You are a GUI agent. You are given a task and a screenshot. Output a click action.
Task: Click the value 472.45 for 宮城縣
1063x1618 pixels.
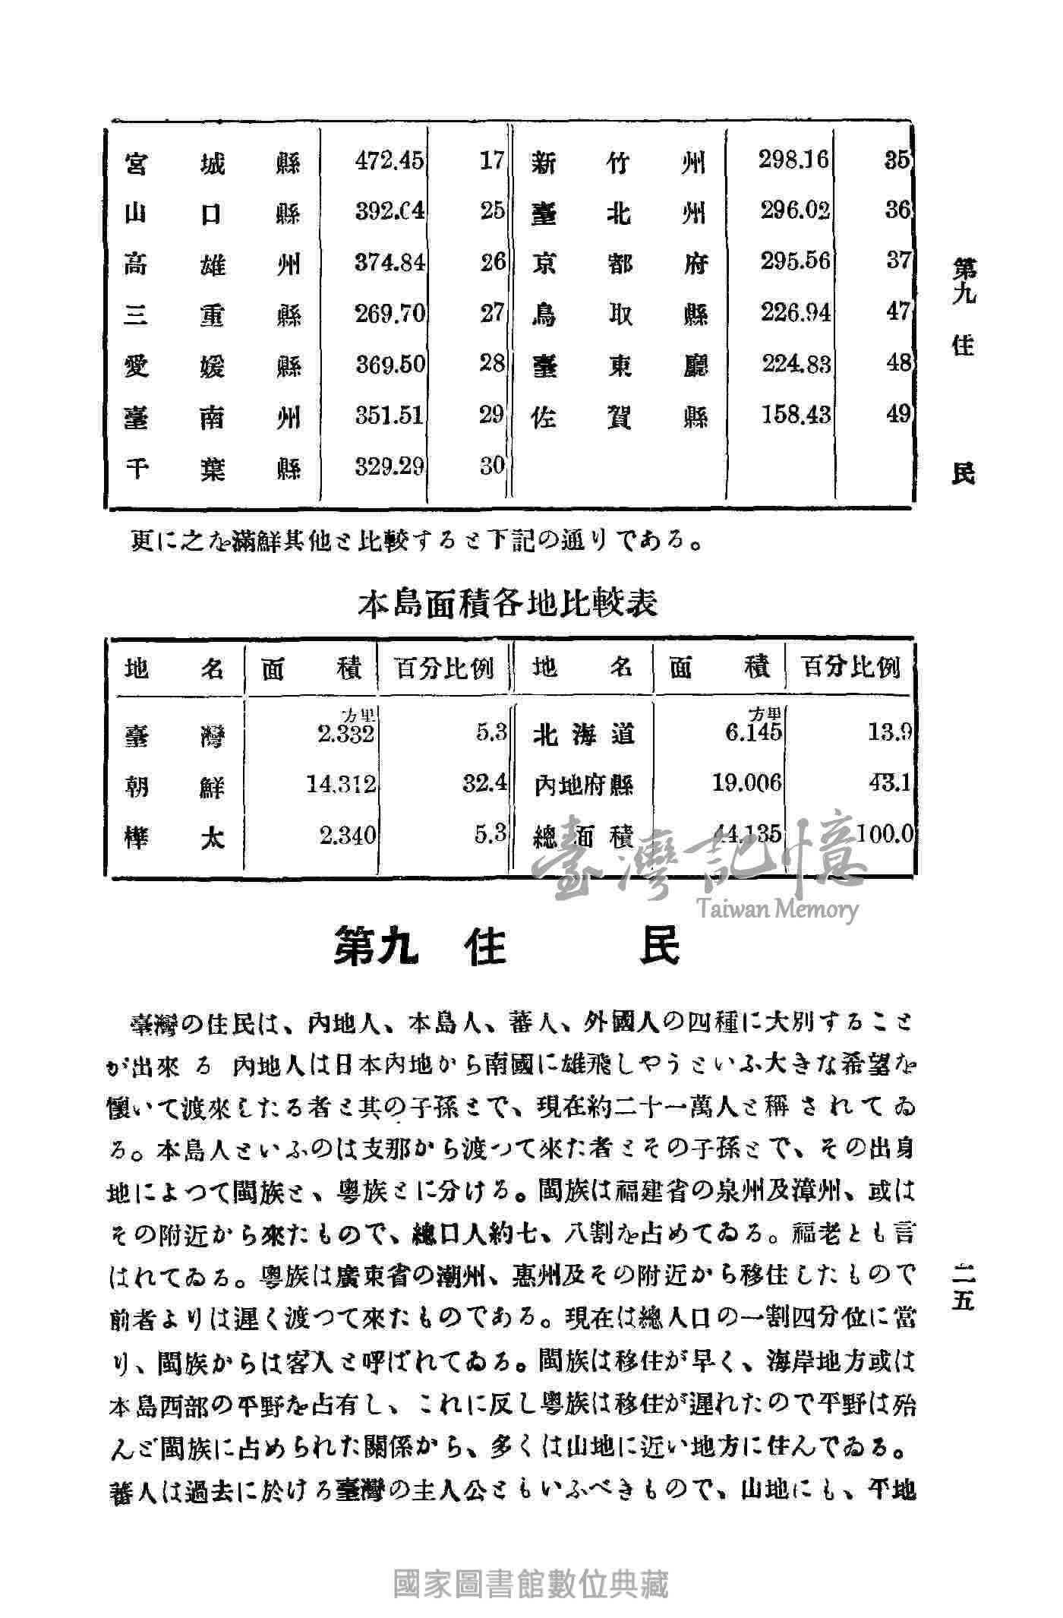(x=390, y=162)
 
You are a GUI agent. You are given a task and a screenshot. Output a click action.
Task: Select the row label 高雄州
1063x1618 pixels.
(x=213, y=264)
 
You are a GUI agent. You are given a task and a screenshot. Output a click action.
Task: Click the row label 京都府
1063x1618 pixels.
(x=620, y=263)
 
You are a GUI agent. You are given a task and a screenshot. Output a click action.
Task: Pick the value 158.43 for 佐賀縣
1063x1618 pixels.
(x=796, y=416)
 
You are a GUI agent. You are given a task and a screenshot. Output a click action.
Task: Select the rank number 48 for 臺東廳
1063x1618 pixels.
(x=897, y=364)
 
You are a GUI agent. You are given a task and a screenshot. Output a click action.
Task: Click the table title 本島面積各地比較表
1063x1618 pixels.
(x=507, y=604)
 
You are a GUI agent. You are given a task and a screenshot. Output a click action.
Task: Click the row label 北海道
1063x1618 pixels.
(x=583, y=735)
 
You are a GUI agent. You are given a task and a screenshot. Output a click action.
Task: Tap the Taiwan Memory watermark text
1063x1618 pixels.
(x=775, y=909)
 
